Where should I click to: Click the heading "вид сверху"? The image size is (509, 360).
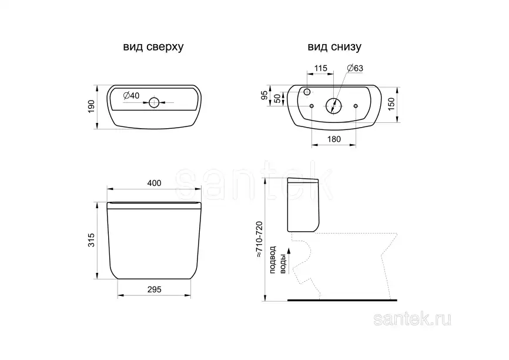[153, 47]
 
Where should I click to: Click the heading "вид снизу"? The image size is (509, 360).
[334, 47]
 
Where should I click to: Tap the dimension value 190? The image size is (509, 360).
[91, 106]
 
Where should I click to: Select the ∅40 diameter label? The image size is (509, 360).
[131, 95]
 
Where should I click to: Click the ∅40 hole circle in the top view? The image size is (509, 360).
[154, 103]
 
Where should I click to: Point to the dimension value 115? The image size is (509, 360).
[320, 68]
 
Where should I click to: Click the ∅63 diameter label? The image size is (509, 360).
[355, 68]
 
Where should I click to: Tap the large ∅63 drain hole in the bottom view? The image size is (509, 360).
[333, 106]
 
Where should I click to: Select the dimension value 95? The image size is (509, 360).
[264, 95]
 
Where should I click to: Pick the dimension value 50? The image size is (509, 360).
[277, 98]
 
